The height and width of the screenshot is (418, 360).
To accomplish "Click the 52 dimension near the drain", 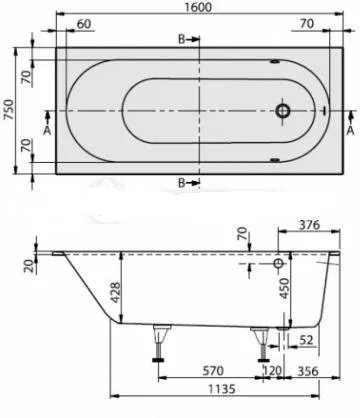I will pyautogui.click(x=305, y=339).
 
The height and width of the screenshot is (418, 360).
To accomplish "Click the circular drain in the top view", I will pyautogui.click(x=284, y=112).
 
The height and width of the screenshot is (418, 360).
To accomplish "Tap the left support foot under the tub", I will pyautogui.click(x=157, y=343).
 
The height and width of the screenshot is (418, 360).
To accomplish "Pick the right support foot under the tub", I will pyautogui.click(x=262, y=343).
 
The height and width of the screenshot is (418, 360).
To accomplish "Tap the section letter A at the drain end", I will pyautogui.click(x=350, y=129).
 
